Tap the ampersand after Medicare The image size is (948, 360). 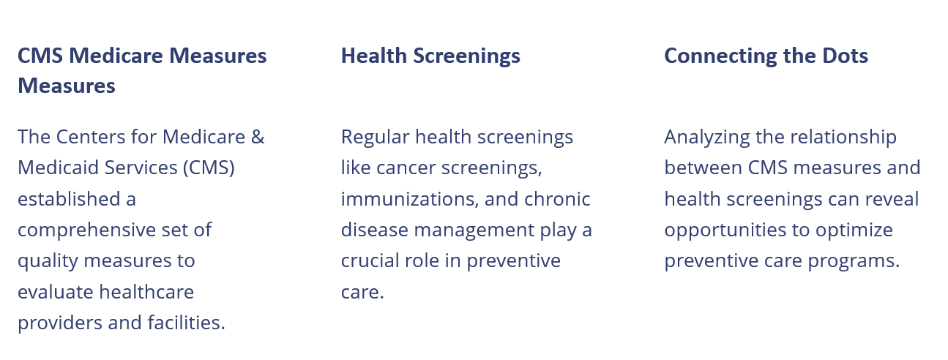(x=258, y=137)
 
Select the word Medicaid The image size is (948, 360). (x=58, y=168)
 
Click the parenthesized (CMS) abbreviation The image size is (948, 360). (x=209, y=168)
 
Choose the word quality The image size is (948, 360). (x=48, y=261)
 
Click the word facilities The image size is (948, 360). (x=186, y=323)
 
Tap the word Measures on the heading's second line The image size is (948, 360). (x=67, y=86)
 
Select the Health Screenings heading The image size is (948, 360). (x=431, y=56)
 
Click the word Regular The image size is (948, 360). (x=376, y=138)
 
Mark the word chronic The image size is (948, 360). (x=557, y=199)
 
